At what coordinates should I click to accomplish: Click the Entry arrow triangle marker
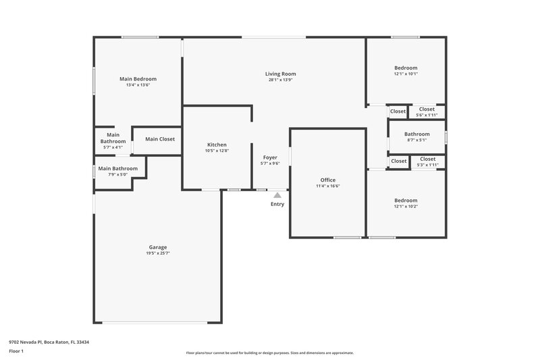click(277, 195)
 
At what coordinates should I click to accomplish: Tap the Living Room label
click(280, 74)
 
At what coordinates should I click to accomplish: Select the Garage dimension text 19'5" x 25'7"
click(157, 253)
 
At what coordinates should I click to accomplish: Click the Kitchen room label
click(217, 145)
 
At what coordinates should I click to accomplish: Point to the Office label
click(328, 180)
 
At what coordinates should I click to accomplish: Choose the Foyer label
click(270, 157)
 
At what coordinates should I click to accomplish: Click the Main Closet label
click(160, 139)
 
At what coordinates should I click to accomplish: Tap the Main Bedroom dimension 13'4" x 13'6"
click(138, 85)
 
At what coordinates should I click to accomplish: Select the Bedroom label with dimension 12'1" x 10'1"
click(406, 68)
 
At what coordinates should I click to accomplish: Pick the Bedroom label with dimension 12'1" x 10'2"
click(406, 200)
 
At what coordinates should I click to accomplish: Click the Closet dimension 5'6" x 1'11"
click(427, 115)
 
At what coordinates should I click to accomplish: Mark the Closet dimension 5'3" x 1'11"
click(427, 165)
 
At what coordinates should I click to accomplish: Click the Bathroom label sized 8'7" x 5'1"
click(416, 134)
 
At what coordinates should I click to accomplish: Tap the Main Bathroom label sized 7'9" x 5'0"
click(118, 168)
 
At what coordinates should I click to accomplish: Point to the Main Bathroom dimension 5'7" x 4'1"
click(113, 147)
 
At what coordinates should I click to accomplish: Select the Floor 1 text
click(16, 351)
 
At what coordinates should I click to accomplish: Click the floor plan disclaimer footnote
click(269, 353)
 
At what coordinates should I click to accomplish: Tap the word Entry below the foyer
click(277, 204)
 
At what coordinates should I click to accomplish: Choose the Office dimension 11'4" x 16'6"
click(328, 186)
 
